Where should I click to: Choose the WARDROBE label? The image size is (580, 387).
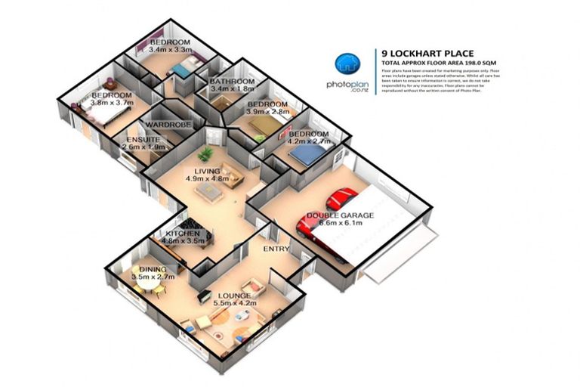tap(166, 123)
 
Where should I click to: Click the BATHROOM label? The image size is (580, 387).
tap(232, 81)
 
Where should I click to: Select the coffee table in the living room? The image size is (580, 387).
tap(211, 192)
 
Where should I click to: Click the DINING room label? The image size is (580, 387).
tap(153, 269)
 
